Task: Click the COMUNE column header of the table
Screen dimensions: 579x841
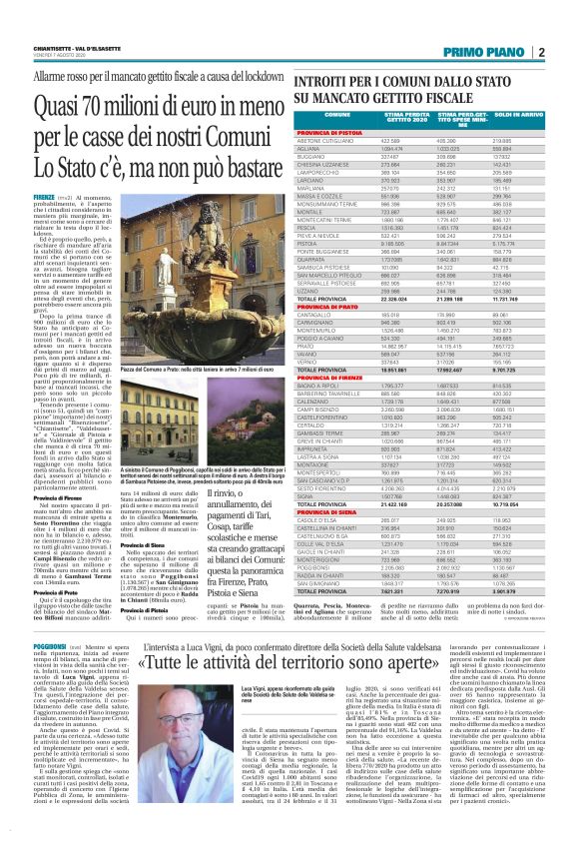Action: [x=323, y=117]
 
